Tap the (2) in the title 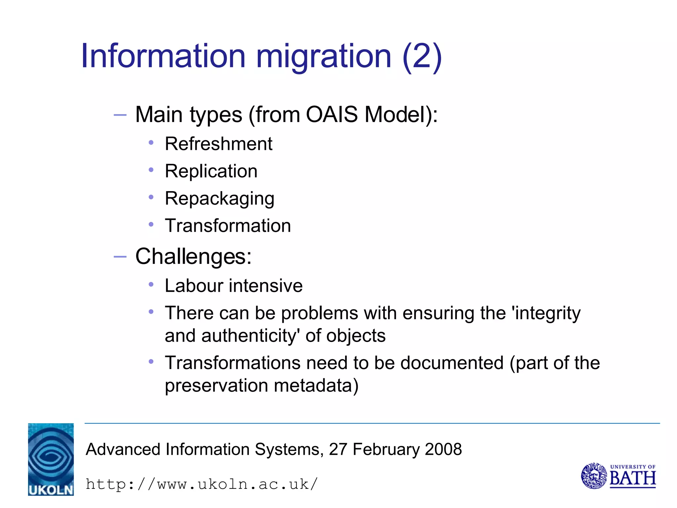(x=422, y=57)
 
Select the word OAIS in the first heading (x=332, y=114)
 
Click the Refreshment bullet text (x=219, y=144)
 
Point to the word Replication (x=211, y=171)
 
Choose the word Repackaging (x=219, y=199)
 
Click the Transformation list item (x=228, y=226)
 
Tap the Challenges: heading (x=193, y=256)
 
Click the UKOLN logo (x=51, y=459)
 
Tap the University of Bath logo (x=618, y=476)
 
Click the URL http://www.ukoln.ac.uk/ (x=201, y=484)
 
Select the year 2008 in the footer (x=443, y=449)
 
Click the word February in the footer (x=386, y=449)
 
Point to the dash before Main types (x=120, y=115)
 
